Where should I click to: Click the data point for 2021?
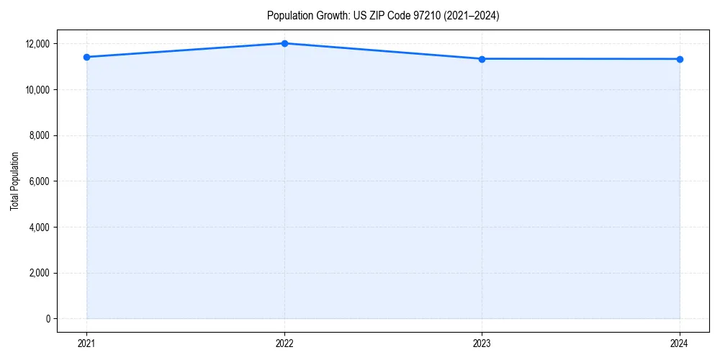coord(87,57)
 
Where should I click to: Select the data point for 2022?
coord(284,43)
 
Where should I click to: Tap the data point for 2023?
coord(482,59)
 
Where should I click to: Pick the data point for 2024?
coord(680,59)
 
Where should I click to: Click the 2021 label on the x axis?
coord(87,343)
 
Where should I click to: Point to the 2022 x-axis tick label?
coord(284,343)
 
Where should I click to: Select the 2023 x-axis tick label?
coord(482,343)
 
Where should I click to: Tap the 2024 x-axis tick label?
coord(680,343)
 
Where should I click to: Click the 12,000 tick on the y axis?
coord(37,44)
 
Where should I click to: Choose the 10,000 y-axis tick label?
coord(37,90)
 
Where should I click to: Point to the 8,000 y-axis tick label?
coord(39,135)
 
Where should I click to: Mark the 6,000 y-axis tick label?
coord(39,181)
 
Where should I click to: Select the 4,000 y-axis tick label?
coord(39,228)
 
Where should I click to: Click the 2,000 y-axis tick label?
coord(39,273)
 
